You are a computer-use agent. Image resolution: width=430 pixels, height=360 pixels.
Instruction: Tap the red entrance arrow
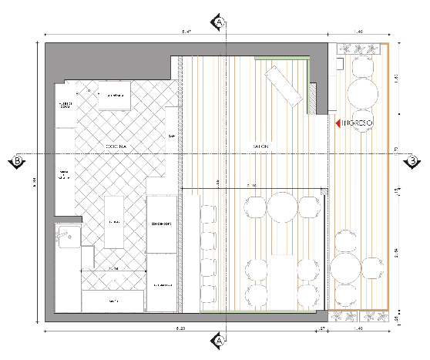coord(338,123)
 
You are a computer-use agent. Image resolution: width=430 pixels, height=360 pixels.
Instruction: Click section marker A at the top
coord(220,22)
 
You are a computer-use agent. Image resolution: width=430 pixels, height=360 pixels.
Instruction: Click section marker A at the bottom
coord(220,340)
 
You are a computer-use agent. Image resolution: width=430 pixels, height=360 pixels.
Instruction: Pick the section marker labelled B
coord(15,160)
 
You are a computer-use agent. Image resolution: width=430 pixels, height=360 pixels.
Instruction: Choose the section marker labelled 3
coord(413,160)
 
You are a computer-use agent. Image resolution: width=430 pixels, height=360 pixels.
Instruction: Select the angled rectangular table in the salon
coord(282,85)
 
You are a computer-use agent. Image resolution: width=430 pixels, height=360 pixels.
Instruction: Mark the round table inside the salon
coord(283,206)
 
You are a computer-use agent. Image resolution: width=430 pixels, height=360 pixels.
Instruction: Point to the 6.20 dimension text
coord(180,330)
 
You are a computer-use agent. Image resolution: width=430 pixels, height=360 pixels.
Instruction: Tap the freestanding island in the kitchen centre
coord(114,222)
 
